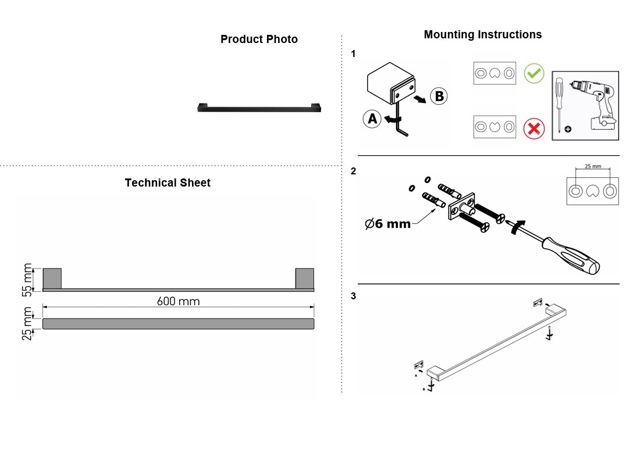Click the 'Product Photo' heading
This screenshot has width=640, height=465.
[259, 39]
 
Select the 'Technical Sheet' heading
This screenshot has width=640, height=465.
[168, 183]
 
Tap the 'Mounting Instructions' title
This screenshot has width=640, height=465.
[482, 35]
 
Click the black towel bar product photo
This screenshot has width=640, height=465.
[259, 108]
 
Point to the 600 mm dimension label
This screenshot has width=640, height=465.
[179, 302]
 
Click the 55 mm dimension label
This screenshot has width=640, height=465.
[27, 280]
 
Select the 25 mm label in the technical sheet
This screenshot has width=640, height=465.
[27, 323]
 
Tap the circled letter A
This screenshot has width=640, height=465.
[372, 119]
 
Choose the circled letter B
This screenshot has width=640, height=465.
[439, 96]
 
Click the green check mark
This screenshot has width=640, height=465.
[534, 73]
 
